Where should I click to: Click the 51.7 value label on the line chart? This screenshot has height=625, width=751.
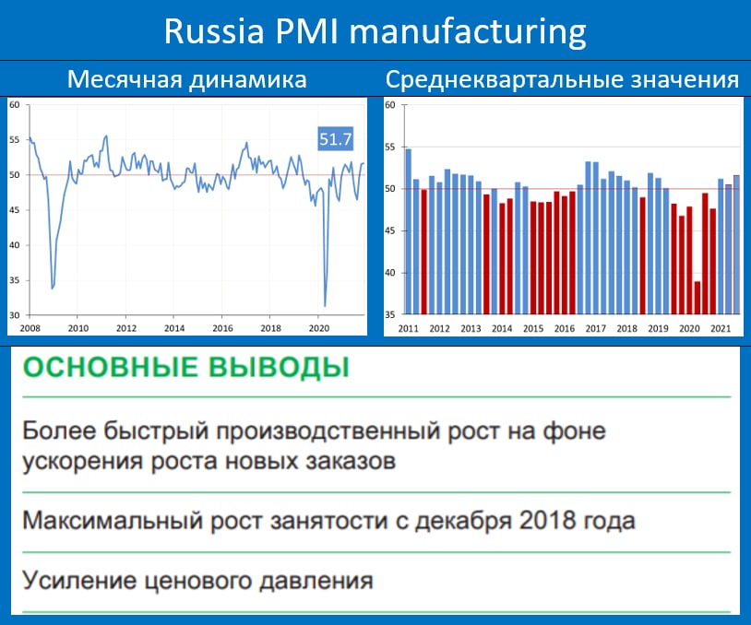coord(335,139)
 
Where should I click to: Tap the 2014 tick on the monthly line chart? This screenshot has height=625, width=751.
coord(173,328)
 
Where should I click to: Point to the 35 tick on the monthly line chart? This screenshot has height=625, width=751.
coord(15,280)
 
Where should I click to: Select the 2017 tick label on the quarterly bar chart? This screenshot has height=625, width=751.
coord(595,329)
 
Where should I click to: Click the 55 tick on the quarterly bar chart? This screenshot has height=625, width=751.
coord(390,147)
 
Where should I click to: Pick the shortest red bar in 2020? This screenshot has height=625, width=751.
coord(697,298)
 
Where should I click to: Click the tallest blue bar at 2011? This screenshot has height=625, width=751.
coord(409,231)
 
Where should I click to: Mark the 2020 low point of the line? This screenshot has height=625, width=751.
coord(325,306)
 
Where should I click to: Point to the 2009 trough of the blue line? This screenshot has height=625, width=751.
coord(53,289)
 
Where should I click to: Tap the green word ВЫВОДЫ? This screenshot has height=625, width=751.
coord(280,368)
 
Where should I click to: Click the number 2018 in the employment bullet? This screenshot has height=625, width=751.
coord(547,520)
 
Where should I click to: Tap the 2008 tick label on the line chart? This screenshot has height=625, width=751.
coord(30,328)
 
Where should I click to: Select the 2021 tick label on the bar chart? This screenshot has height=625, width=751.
coord(721,329)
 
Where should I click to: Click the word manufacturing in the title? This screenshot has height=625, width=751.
coord(468,32)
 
